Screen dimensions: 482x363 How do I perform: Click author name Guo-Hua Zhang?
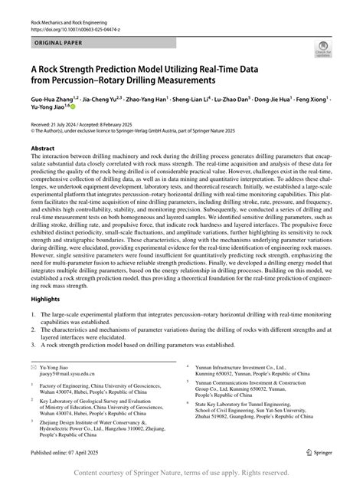point(50,100)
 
